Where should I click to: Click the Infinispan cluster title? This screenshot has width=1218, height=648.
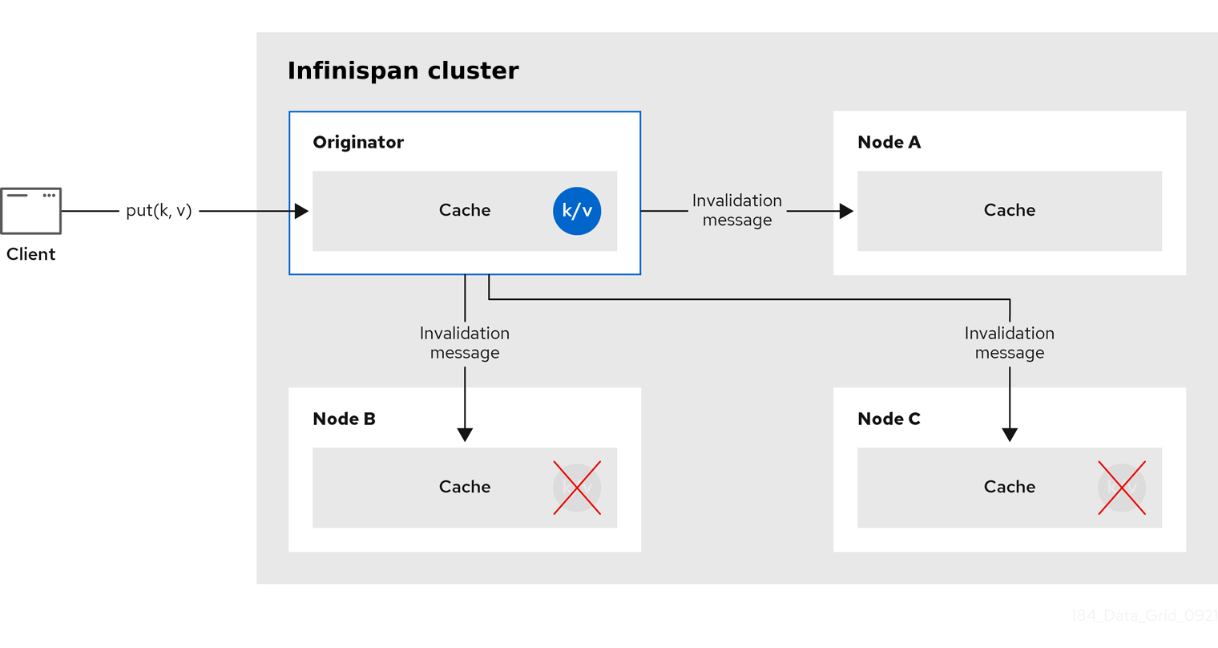(x=402, y=71)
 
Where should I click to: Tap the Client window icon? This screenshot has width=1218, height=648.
(x=30, y=211)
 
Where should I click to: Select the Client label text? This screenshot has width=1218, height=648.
(x=30, y=254)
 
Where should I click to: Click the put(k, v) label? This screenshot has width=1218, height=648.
(x=159, y=210)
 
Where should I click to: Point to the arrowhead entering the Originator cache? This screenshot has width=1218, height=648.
(x=301, y=211)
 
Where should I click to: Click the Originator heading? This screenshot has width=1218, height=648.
(x=358, y=142)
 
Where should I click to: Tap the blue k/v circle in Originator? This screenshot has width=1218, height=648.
(x=577, y=211)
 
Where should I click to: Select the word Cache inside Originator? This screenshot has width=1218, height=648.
(x=465, y=210)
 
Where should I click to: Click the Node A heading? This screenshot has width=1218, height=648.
(x=889, y=142)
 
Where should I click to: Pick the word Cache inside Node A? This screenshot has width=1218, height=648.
(x=1010, y=210)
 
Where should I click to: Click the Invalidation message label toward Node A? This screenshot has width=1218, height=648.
(x=737, y=210)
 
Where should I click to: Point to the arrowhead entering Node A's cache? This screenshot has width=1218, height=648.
(x=846, y=211)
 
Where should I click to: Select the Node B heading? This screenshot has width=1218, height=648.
(x=344, y=419)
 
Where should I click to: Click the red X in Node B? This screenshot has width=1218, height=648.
(x=577, y=488)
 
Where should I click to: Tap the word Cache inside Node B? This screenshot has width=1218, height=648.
(x=465, y=487)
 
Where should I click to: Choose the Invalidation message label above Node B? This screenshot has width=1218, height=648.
(x=465, y=343)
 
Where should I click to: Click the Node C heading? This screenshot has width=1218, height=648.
(x=889, y=419)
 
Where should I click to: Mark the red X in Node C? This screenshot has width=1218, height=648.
(x=1122, y=488)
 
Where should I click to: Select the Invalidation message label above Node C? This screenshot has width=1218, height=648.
(x=1010, y=343)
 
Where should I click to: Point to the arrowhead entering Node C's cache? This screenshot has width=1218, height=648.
(x=1010, y=435)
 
